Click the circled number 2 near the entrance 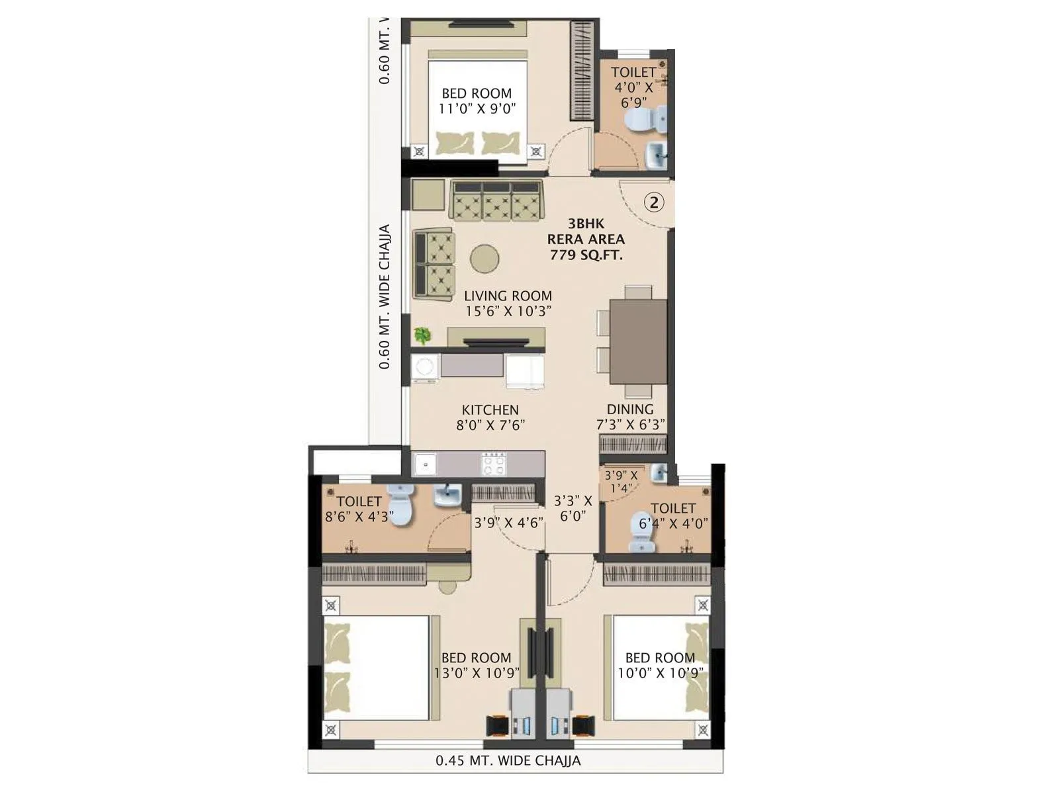coord(654,202)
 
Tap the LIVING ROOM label coord(508,296)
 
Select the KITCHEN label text coord(490,410)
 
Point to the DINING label coord(630,409)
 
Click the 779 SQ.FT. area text coord(586,255)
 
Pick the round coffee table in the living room coord(485,259)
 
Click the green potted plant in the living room coord(422,335)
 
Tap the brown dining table coord(638,341)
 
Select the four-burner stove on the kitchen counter coord(494,464)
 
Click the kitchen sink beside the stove coord(424,464)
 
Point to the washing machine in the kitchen coord(424,367)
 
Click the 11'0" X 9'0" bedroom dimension coord(477,109)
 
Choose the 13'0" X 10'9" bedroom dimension coord(477,674)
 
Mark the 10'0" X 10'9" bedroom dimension coord(660,674)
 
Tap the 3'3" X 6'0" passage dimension coord(573,509)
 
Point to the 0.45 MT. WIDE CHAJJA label coord(508,760)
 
